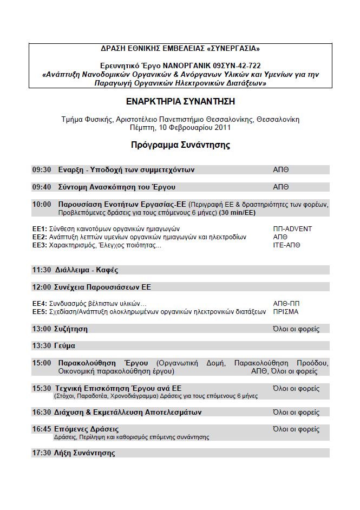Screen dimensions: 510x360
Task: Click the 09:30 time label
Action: point(42,169)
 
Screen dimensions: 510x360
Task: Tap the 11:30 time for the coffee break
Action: point(42,269)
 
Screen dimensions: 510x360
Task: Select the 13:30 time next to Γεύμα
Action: point(42,345)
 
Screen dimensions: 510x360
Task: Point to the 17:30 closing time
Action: point(42,453)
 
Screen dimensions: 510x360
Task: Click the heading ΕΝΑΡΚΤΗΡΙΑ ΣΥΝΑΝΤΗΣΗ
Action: point(180,101)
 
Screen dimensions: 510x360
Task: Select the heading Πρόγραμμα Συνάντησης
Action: point(180,145)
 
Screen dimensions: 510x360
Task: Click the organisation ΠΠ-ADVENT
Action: point(293,229)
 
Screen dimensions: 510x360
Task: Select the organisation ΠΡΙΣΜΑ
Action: point(286,311)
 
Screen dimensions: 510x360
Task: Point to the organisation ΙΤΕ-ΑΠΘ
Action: point(287,245)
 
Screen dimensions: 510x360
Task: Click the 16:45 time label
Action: point(42,429)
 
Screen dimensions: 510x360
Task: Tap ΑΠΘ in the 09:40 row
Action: point(281,187)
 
